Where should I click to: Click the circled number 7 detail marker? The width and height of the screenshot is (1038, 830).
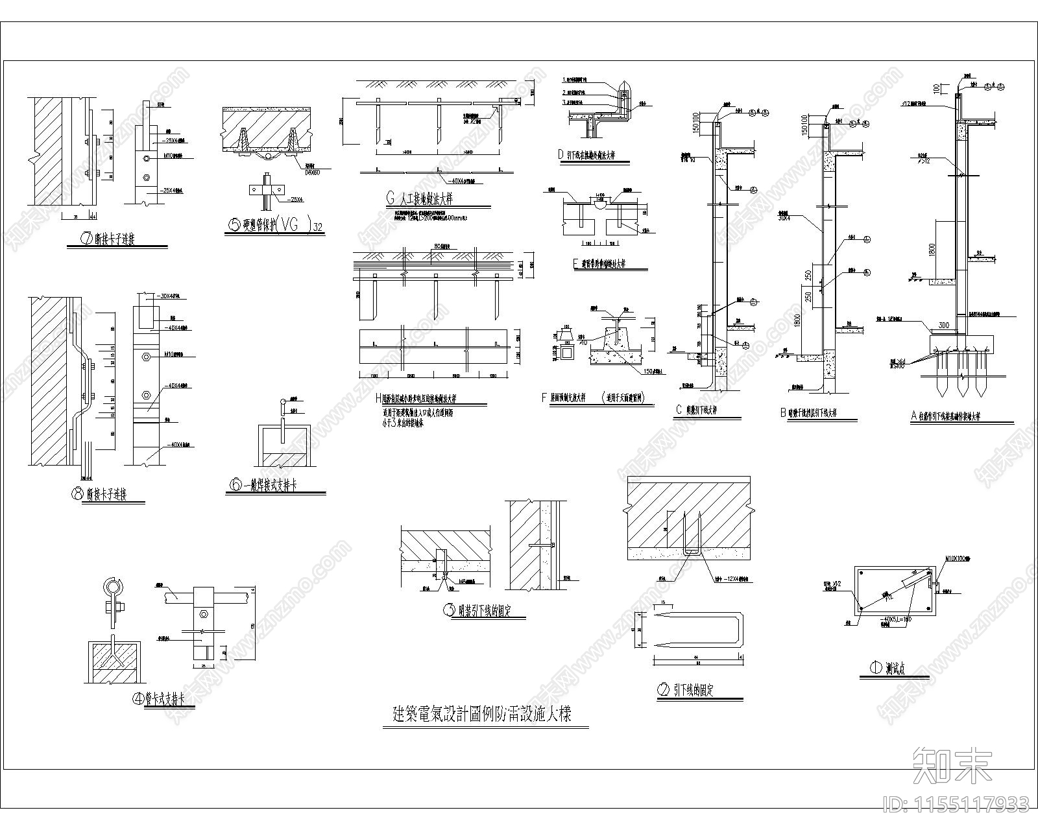tap(84, 239)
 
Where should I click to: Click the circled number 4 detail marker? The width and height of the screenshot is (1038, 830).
tap(138, 698)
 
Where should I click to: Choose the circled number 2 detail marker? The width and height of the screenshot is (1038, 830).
tap(663, 691)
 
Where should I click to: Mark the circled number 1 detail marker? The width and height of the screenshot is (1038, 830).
tap(876, 667)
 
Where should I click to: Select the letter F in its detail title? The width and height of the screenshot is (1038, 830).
tap(544, 397)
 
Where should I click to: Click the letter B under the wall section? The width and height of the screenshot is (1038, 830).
tap(784, 412)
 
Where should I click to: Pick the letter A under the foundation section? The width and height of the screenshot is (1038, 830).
tap(913, 416)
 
